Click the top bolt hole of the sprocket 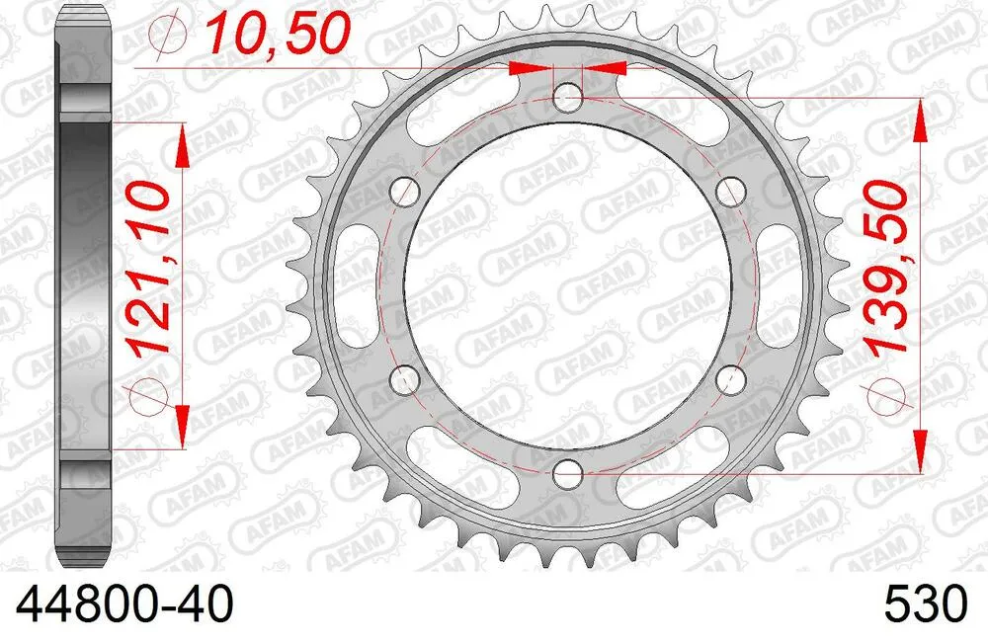point(567,96)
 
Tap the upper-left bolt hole point(403,191)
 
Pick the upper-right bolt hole point(731,191)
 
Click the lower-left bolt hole point(403,378)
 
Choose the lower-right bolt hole point(731,378)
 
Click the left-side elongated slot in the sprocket point(354,284)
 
